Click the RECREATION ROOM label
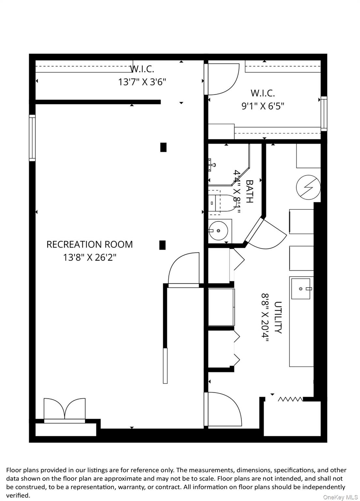(89, 244)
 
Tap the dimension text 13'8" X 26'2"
(89, 258)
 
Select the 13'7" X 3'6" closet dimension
(142, 82)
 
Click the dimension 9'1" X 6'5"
(263, 106)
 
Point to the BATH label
(249, 191)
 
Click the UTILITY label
(278, 317)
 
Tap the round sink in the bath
(218, 231)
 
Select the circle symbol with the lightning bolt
(308, 188)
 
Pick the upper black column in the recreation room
(163, 147)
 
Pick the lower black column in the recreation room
(162, 245)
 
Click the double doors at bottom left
(65, 409)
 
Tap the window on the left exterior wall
(32, 138)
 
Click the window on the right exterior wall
(323, 114)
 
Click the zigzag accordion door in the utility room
(290, 399)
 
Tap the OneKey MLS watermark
(340, 497)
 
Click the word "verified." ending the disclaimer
(18, 495)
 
